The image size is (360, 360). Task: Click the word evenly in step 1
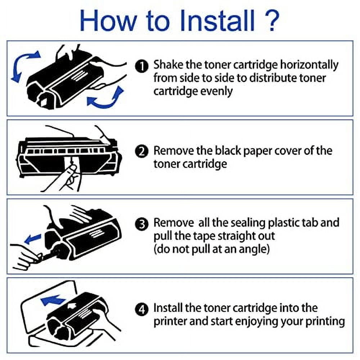coord(216,92)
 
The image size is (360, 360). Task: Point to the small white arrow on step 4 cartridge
coord(72,305)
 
